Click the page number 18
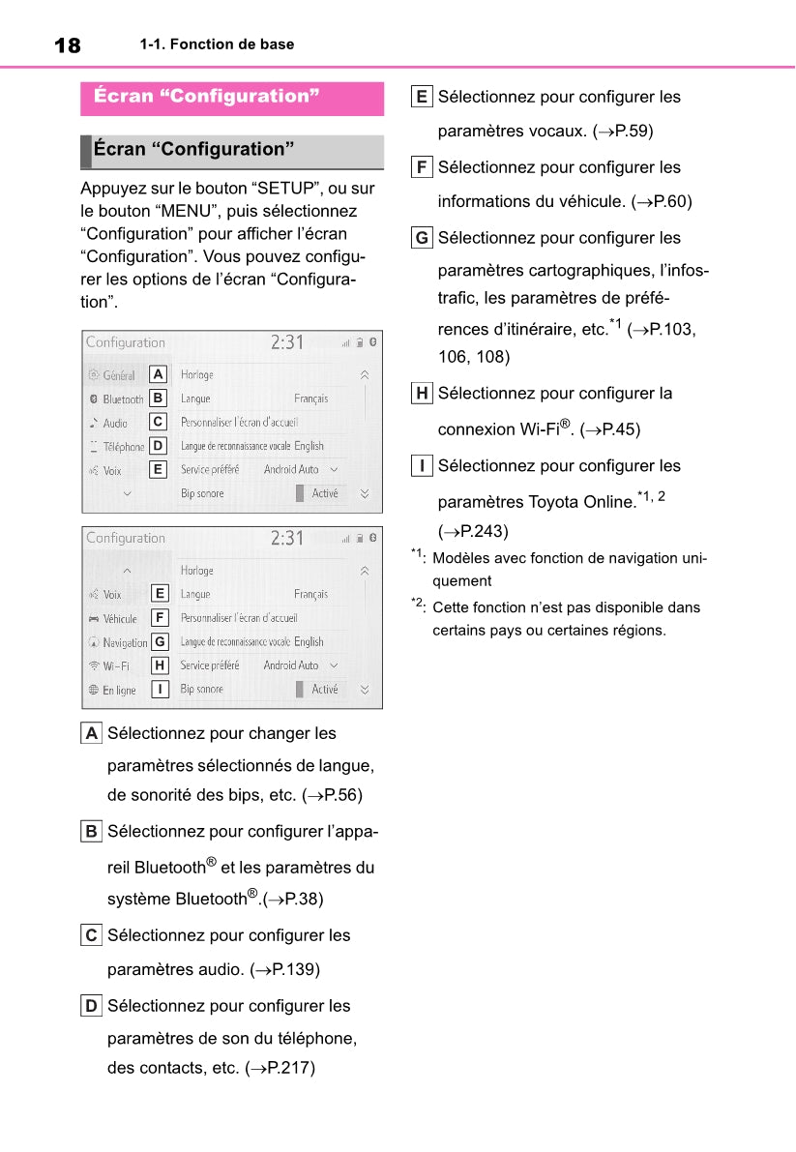point(68,45)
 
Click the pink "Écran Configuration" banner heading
point(207,96)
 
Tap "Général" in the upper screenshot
point(118,375)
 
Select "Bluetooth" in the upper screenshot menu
point(122,399)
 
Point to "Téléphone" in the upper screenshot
point(123,447)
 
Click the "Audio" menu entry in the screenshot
point(115,424)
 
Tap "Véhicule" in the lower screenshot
point(119,619)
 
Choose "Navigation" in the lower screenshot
point(125,643)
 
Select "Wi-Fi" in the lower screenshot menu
point(115,666)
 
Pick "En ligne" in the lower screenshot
point(118,691)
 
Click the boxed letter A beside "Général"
point(159,374)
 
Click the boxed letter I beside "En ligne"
point(160,690)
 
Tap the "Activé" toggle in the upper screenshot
point(325,493)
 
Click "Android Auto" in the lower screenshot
point(291,665)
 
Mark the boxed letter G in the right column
point(422,238)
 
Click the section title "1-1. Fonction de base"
point(217,44)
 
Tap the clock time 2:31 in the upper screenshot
point(286,342)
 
